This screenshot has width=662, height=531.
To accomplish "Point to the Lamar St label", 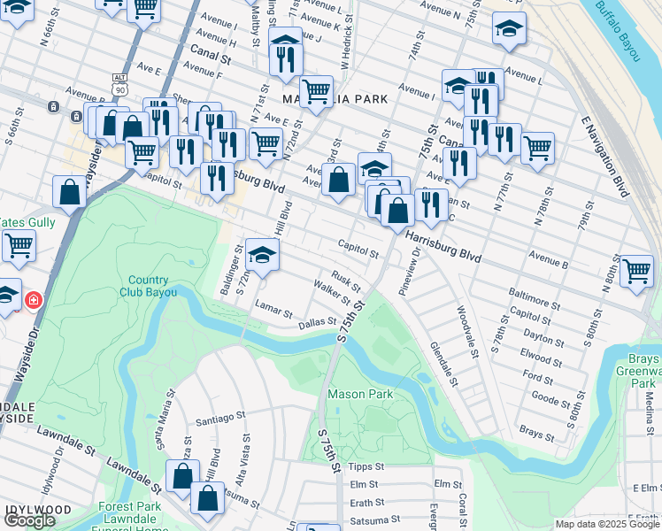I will pos(273,312).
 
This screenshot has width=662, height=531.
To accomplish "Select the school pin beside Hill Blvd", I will pos(262,255).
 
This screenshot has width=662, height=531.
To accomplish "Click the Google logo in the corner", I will pos(29,520).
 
